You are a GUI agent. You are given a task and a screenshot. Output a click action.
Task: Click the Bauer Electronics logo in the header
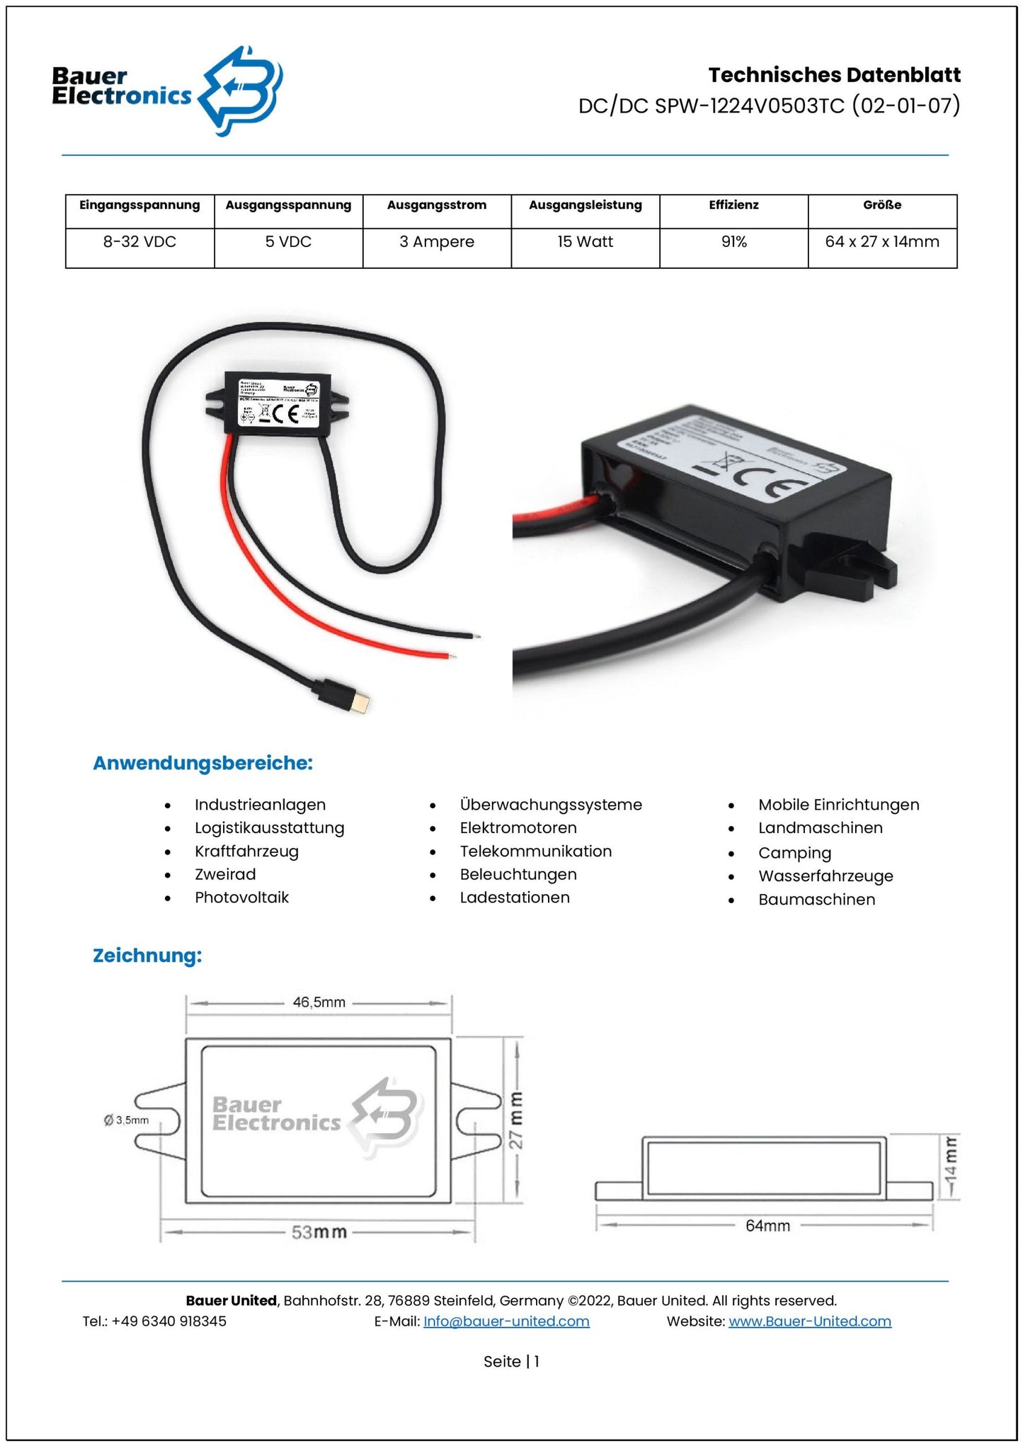click(167, 90)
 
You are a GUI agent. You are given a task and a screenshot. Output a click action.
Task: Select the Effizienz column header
click(733, 205)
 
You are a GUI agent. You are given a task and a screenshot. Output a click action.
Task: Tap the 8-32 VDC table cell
click(139, 242)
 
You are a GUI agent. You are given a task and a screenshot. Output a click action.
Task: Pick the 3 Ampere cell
click(437, 242)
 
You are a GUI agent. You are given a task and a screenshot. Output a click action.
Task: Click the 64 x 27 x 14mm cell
click(881, 242)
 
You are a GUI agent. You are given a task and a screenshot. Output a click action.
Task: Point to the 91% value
click(733, 242)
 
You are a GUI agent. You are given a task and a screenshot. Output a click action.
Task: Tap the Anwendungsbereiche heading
click(202, 763)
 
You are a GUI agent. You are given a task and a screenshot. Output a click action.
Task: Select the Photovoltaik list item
click(241, 897)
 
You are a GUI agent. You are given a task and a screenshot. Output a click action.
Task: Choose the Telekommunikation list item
click(535, 851)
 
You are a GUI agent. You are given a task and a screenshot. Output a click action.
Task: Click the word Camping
click(794, 853)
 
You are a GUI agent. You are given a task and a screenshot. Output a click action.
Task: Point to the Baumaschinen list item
click(816, 900)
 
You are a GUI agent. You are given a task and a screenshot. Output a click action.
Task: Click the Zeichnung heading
click(147, 956)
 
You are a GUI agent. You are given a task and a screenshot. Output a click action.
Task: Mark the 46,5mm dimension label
click(319, 1002)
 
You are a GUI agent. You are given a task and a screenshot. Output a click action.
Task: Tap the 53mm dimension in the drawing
click(319, 1232)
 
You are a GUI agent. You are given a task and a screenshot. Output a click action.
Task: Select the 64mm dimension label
click(767, 1225)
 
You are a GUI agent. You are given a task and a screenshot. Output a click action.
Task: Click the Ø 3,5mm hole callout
click(127, 1120)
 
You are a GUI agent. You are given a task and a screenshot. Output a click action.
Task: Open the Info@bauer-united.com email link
click(506, 1321)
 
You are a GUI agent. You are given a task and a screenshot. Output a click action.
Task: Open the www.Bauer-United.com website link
click(809, 1321)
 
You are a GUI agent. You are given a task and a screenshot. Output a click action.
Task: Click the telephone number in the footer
click(168, 1321)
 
